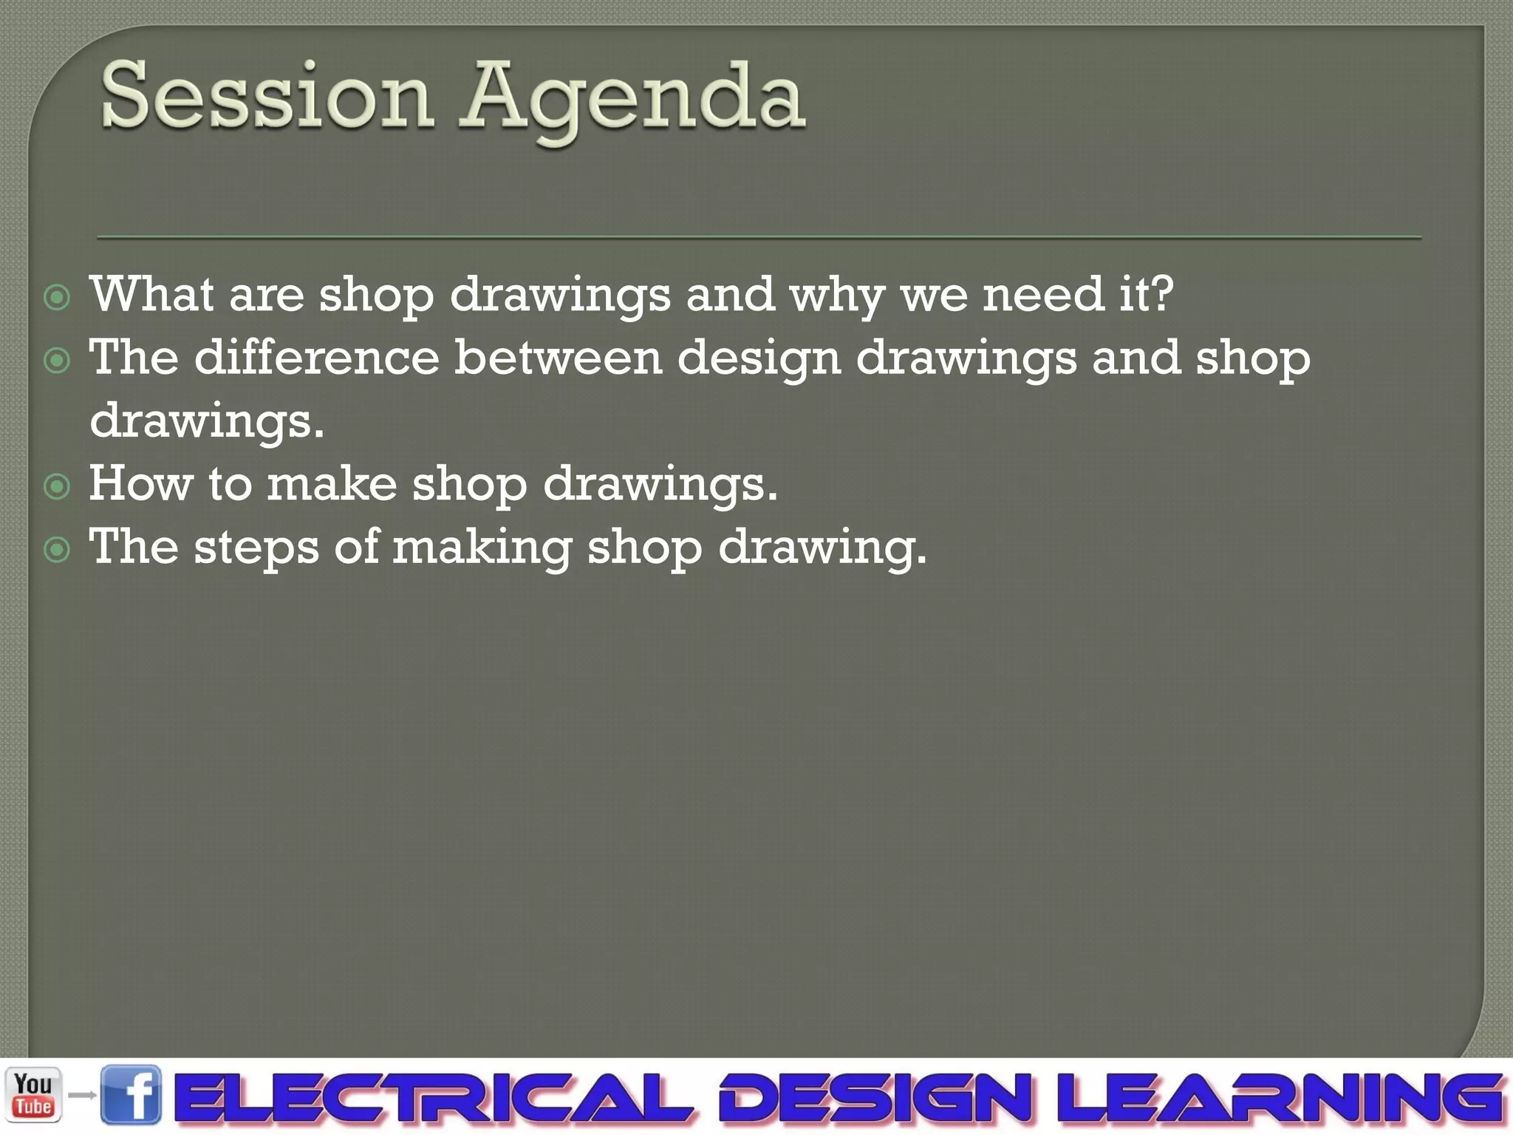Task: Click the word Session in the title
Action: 266,96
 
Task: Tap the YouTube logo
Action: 33,1095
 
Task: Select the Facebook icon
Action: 131,1095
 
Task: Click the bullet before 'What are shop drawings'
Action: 57,298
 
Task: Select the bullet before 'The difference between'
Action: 57,361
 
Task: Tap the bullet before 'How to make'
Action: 57,486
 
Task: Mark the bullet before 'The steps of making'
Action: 57,550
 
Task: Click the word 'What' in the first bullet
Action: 152,294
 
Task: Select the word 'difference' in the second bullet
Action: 317,358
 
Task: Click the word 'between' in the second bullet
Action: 558,358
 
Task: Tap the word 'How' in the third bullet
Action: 141,484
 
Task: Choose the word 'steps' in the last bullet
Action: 256,548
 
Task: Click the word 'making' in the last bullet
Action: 482,548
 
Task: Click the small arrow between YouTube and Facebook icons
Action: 83,1095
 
